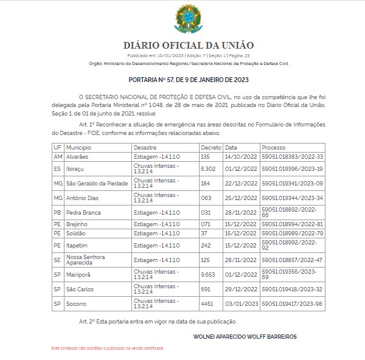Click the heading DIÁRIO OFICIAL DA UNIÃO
pyautogui.click(x=189, y=45)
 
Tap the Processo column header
pyautogui.click(x=274, y=148)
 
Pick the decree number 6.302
pyautogui.click(x=209, y=168)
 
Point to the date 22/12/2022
pyautogui.click(x=239, y=183)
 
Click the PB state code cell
pyautogui.click(x=58, y=212)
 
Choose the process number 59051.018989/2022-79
pyautogui.click(x=292, y=233)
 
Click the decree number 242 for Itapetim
pyautogui.click(x=206, y=245)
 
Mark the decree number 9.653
pyautogui.click(x=209, y=274)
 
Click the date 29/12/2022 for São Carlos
pyautogui.click(x=239, y=289)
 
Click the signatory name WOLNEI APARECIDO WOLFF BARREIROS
pyautogui.click(x=254, y=336)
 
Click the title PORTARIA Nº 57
pyautogui.click(x=189, y=79)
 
